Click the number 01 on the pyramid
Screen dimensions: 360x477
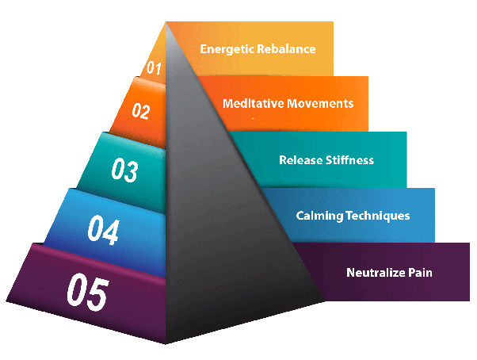click(154, 69)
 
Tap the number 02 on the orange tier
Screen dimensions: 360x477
click(140, 111)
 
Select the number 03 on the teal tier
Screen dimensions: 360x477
click(124, 170)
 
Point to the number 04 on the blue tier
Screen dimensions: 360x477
click(103, 232)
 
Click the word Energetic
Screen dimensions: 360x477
click(227, 48)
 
